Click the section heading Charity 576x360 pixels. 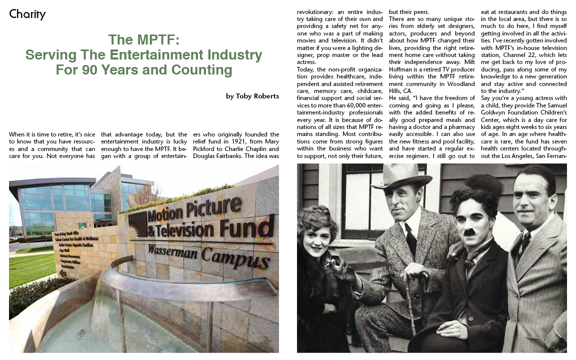[27, 14]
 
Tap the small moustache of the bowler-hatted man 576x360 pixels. [469, 232]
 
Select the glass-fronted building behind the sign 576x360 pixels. [55, 205]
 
